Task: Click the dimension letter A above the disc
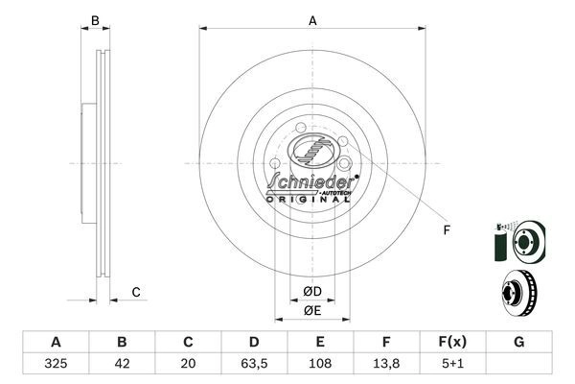pos(312,21)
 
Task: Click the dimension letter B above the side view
pos(94,21)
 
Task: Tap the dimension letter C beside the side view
pos(136,292)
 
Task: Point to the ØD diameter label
pos(312,291)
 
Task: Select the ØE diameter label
pos(312,310)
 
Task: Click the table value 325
pos(56,365)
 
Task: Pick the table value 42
pos(122,365)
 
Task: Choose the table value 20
pos(188,365)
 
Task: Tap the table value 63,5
pos(254,365)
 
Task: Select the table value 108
pos(320,365)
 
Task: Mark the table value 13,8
pos(386,365)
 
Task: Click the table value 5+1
pos(452,365)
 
